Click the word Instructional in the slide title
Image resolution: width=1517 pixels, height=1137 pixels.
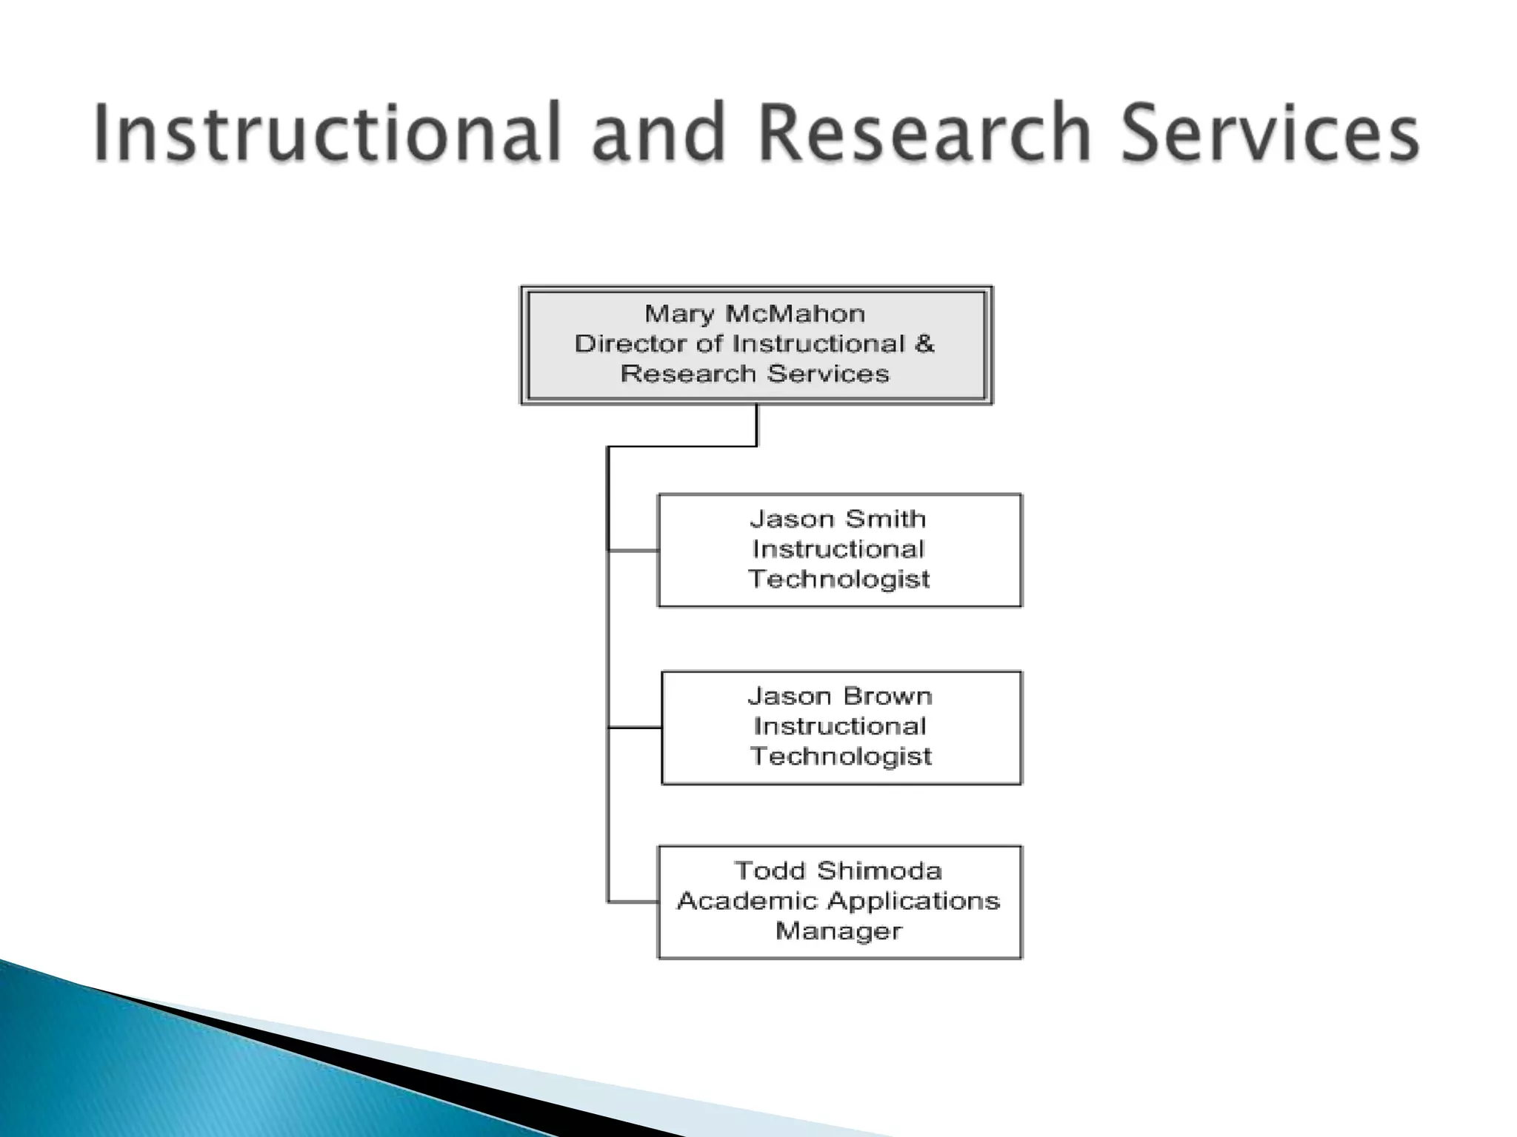tap(327, 133)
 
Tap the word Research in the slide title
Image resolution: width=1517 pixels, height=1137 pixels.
tap(924, 133)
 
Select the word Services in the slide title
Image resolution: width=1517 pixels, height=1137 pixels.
tap(1270, 133)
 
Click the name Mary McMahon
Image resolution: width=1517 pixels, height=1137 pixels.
tap(755, 314)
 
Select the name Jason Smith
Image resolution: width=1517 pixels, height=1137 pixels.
tap(838, 519)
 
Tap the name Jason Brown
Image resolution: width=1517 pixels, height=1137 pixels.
tap(840, 697)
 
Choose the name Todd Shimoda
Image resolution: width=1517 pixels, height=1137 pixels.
tap(838, 871)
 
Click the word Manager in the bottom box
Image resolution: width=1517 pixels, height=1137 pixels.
tap(838, 930)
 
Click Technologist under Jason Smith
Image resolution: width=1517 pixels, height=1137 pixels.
tap(838, 579)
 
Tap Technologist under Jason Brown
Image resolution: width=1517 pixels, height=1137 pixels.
tap(841, 757)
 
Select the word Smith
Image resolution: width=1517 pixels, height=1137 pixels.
tap(885, 519)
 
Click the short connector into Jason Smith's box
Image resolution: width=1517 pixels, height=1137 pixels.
tap(633, 551)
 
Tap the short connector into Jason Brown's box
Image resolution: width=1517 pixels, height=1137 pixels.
tap(635, 728)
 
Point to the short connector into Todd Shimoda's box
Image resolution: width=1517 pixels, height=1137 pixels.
tap(633, 902)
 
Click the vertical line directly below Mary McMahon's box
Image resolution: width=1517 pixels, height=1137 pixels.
tap(756, 425)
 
